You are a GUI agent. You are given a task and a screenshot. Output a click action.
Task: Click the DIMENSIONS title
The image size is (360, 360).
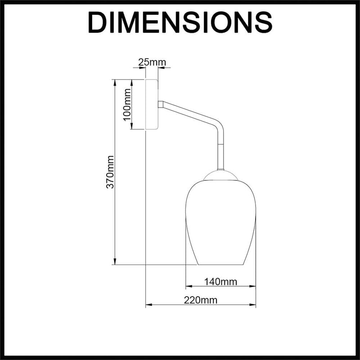[180, 22]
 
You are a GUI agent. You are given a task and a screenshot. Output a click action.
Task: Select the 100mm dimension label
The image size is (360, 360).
[127, 103]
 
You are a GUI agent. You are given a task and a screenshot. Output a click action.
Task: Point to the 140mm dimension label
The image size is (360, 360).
[220, 282]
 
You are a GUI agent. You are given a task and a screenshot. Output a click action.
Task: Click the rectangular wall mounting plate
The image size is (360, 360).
[152, 104]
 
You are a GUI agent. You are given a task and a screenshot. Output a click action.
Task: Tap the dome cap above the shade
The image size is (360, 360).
[220, 175]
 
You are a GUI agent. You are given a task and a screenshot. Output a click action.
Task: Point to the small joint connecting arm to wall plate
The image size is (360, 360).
[160, 104]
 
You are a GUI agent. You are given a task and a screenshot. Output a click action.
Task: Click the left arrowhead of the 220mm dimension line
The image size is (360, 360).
[148, 305]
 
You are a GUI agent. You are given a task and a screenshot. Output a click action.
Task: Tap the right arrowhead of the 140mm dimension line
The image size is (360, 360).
[253, 286]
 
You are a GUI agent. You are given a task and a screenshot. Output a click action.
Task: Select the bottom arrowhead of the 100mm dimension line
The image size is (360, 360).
[132, 127]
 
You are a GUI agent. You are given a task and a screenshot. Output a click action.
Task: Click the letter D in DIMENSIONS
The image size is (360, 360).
[98, 22]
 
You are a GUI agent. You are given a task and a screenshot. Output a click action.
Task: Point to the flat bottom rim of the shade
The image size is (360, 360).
[220, 265]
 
